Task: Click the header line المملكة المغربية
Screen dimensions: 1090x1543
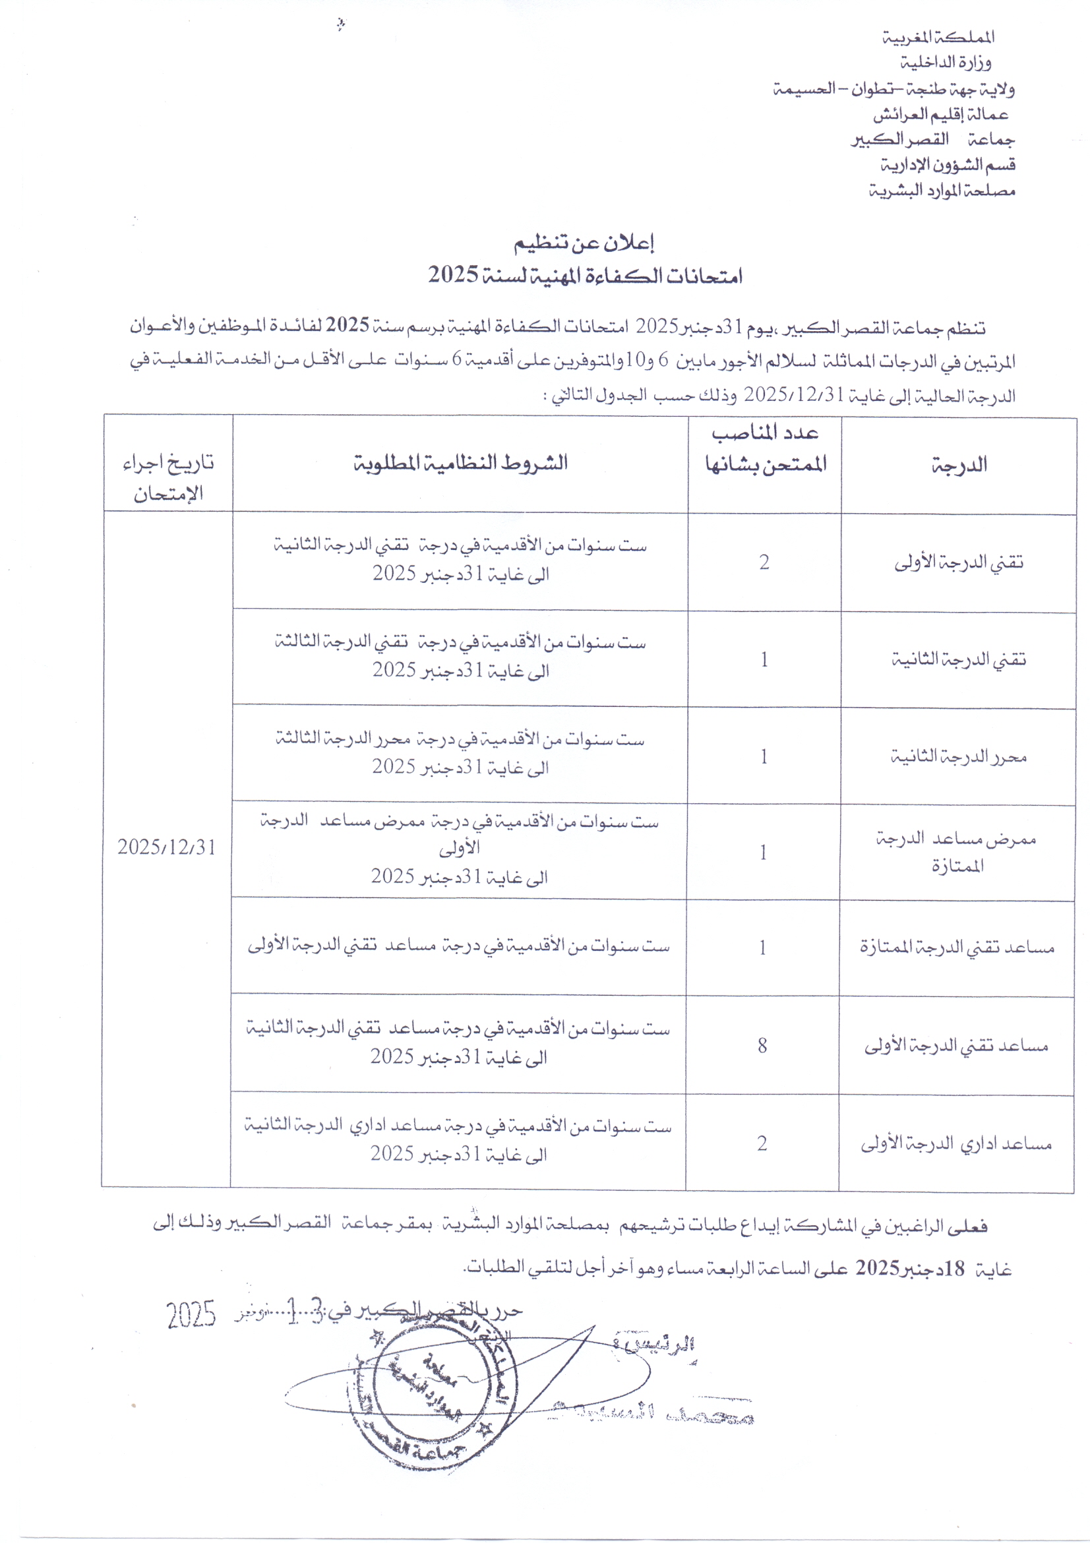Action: (x=938, y=38)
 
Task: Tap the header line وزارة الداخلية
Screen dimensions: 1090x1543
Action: (x=946, y=63)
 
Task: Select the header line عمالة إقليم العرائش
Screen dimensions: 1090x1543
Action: (x=940, y=115)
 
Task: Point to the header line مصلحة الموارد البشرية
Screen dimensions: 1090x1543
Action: (x=941, y=191)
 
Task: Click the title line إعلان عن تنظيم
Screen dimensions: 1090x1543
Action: (x=584, y=243)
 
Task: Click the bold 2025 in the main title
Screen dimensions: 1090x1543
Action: (x=454, y=274)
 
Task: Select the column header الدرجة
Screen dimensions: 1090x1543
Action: (x=959, y=465)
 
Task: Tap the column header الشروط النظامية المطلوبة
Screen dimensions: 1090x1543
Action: (x=460, y=462)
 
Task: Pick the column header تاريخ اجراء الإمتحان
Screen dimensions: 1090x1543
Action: (x=168, y=478)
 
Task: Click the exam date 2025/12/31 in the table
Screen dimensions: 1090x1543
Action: (x=167, y=847)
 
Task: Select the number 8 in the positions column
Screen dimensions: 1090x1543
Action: (x=762, y=1045)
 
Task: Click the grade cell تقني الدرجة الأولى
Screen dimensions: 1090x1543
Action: (x=958, y=562)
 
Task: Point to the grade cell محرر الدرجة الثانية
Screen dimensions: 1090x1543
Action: (x=958, y=757)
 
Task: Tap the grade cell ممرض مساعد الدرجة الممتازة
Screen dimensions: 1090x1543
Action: (x=956, y=852)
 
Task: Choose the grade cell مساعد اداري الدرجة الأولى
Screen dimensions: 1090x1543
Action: (x=956, y=1143)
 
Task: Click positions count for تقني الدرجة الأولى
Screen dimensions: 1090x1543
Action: (x=764, y=562)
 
